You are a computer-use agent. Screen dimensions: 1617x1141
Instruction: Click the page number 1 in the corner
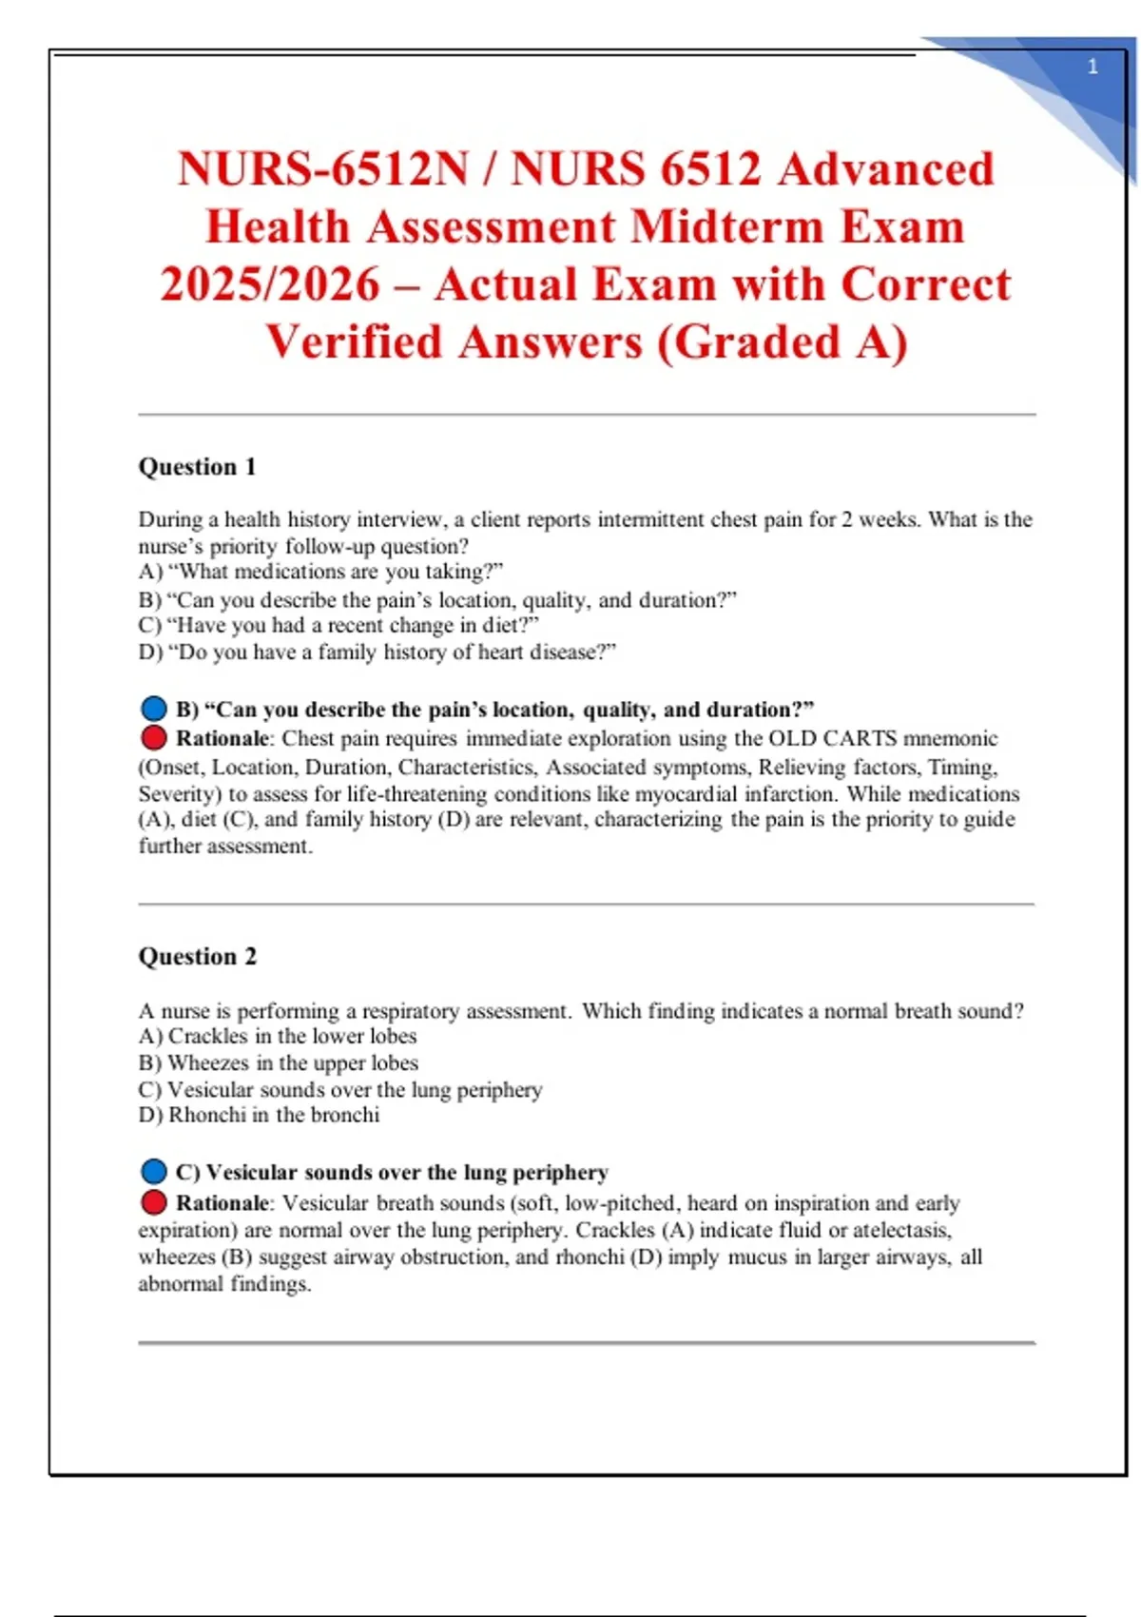click(1093, 67)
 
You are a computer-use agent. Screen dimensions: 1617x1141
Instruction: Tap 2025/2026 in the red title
click(269, 284)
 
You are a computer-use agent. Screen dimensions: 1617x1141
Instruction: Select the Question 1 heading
click(197, 467)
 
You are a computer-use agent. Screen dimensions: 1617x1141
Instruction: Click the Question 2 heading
click(197, 957)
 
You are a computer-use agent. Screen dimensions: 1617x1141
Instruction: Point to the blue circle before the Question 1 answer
click(153, 710)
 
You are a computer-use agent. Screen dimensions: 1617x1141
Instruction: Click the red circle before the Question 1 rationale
click(153, 738)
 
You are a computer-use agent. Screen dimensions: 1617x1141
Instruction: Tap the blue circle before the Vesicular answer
click(153, 1172)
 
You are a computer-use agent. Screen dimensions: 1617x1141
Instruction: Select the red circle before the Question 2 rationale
click(153, 1203)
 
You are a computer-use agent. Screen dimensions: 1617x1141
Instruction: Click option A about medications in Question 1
click(320, 572)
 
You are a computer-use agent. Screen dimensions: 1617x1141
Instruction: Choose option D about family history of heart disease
click(377, 653)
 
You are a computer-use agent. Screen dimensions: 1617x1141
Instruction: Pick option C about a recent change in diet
click(338, 626)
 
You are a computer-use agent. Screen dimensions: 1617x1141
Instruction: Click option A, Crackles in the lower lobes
click(278, 1037)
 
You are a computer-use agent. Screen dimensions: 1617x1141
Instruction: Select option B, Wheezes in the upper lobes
click(278, 1063)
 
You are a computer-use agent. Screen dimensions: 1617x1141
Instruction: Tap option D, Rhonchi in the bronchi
click(259, 1116)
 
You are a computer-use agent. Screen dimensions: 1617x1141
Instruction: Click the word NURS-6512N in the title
click(323, 169)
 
